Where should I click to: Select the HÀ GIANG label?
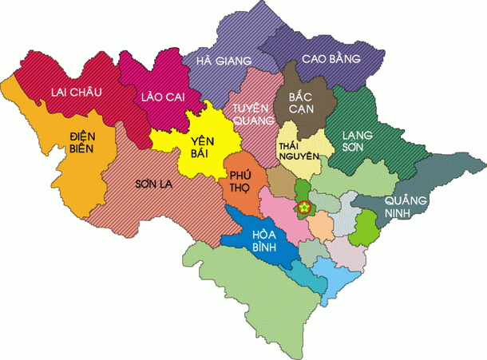coord(217,61)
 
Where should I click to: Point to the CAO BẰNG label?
coord(331,58)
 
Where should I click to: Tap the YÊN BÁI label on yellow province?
coord(203,149)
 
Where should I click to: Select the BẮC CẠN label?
coord(298,102)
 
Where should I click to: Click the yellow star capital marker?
coord(304,208)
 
